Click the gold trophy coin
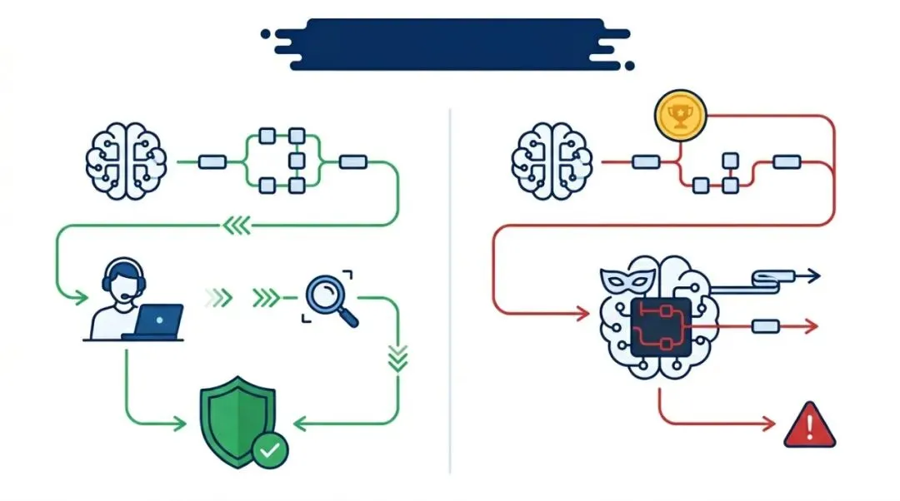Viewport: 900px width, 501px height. coord(681,117)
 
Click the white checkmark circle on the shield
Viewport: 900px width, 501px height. coord(270,450)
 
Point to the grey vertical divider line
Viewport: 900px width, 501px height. coord(450,291)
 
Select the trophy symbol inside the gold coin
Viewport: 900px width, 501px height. coord(681,117)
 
